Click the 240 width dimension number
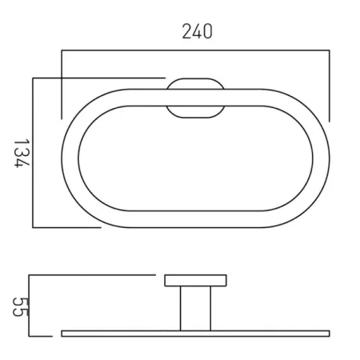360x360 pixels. [x=196, y=31]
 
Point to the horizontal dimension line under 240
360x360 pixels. [x=195, y=51]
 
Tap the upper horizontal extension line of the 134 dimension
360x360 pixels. [x=97, y=76]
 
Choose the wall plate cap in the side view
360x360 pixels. [x=195, y=281]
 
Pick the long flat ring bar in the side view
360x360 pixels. [x=195, y=331]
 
